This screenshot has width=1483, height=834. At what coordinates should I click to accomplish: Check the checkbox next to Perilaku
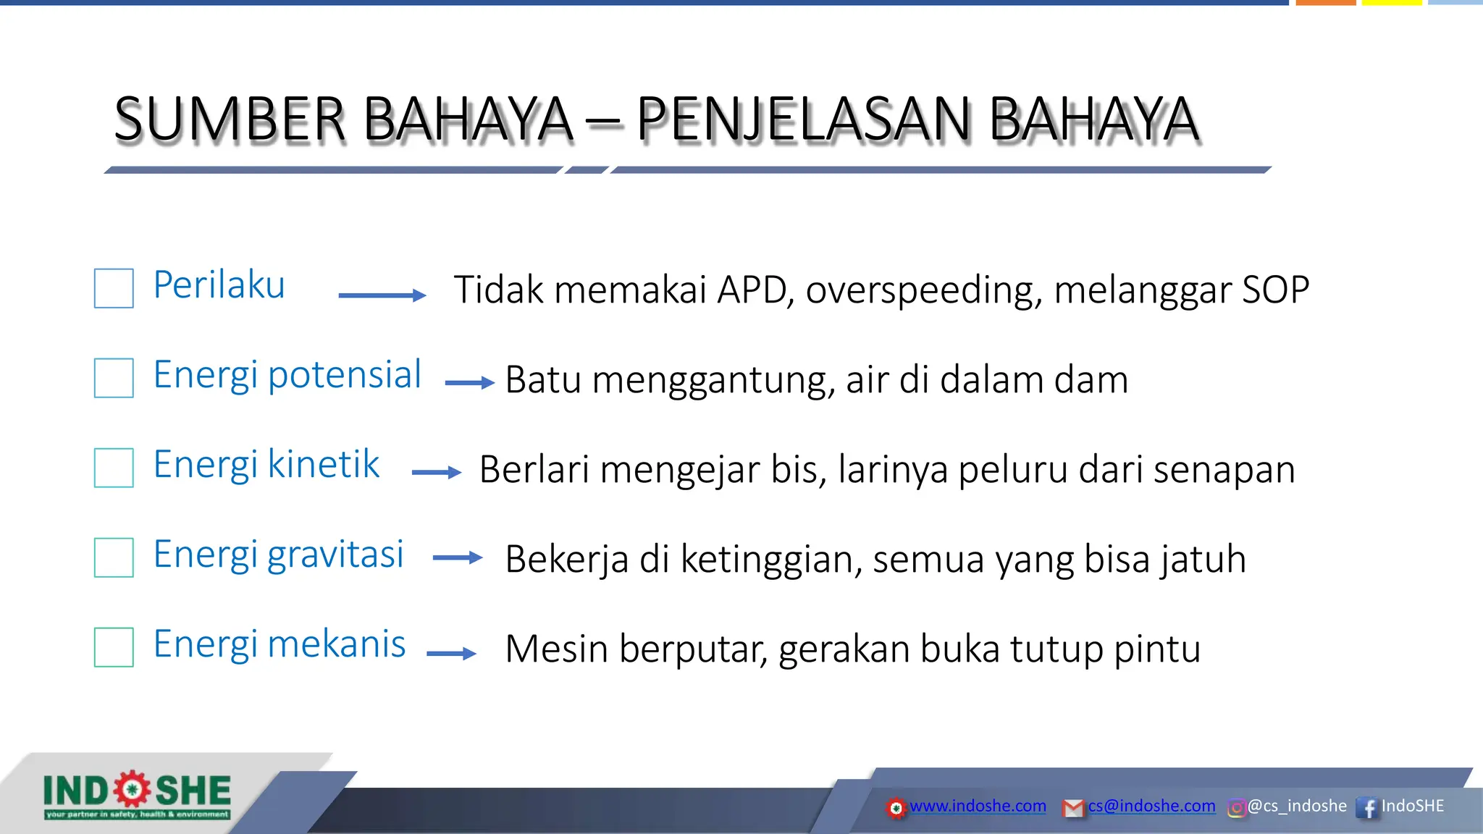tap(114, 288)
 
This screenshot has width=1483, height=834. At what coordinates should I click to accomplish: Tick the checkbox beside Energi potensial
tap(114, 378)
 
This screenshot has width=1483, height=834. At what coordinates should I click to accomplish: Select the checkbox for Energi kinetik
tap(114, 468)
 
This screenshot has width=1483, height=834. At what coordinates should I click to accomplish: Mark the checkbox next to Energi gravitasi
tap(114, 557)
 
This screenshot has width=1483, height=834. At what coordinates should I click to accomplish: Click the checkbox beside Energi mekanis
tap(114, 647)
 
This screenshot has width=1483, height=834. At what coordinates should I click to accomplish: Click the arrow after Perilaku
tap(382, 295)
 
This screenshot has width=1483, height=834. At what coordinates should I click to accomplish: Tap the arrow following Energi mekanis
tap(451, 654)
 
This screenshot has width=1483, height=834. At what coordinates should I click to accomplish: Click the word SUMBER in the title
tap(230, 119)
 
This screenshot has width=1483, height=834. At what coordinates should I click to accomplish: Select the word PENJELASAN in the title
tap(803, 119)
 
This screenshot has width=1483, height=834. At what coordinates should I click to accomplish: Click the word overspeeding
tap(924, 290)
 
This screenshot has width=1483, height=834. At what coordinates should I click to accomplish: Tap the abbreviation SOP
tap(1275, 290)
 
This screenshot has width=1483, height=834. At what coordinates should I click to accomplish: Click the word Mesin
tap(556, 649)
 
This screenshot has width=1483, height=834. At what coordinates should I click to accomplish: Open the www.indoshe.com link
tap(977, 806)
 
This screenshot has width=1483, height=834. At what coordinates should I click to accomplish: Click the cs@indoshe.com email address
tap(1151, 806)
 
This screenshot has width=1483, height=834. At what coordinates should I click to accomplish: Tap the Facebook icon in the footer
tap(1367, 807)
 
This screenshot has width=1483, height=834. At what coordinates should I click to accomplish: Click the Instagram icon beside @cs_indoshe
tap(1236, 807)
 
